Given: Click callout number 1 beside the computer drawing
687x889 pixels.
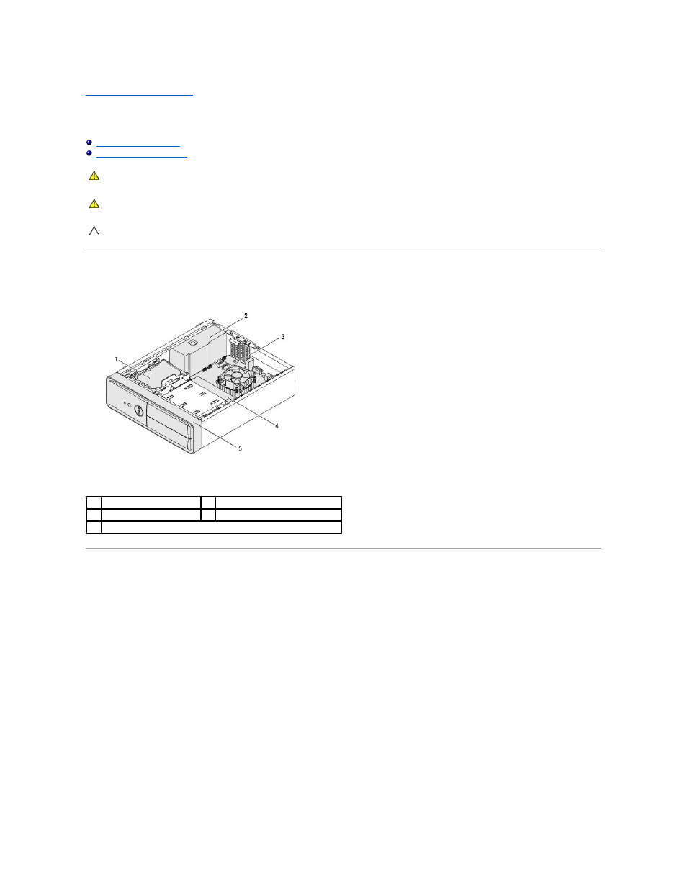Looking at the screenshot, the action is pyautogui.click(x=116, y=359).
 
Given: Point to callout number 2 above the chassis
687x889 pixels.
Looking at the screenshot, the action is pyautogui.click(x=246, y=315).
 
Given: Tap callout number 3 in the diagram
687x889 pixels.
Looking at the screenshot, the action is pyautogui.click(x=283, y=337).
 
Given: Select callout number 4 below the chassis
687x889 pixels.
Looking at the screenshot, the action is pyautogui.click(x=277, y=426).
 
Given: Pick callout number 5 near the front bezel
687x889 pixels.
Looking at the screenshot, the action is pyautogui.click(x=241, y=448).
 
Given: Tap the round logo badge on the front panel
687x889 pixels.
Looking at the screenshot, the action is pyautogui.click(x=138, y=410).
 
